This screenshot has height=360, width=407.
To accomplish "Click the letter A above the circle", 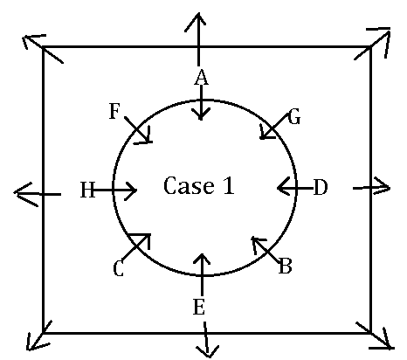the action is tap(202, 78).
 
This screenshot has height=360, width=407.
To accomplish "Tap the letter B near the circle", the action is tap(285, 266).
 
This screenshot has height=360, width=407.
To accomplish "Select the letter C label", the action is tap(119, 268).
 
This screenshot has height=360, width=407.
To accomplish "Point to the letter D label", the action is tap(321, 187).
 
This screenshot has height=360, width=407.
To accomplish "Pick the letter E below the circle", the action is tap(199, 307).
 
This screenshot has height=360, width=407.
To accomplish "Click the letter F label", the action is tap(114, 111).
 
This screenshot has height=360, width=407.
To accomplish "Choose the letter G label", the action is tap(294, 117).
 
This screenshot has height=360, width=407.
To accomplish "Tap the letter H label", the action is tap(87, 190).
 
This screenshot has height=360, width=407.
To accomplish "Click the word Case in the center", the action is tap(189, 185).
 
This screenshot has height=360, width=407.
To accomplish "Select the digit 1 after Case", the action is tap(229, 185).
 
